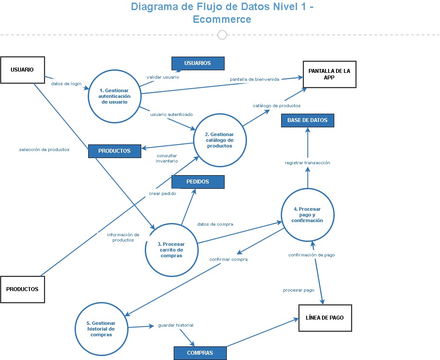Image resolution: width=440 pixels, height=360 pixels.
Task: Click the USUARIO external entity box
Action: (x=22, y=70)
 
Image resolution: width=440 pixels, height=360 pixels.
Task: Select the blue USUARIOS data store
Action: (x=198, y=63)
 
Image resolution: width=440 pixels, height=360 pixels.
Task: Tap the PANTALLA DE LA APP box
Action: (x=329, y=75)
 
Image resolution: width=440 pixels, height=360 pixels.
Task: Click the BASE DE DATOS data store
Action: (x=308, y=120)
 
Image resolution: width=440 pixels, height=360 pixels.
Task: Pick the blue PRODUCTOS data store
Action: (x=114, y=151)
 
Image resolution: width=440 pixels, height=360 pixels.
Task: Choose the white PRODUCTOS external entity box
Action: (x=22, y=289)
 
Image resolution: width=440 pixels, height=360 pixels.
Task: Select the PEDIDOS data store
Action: (x=198, y=182)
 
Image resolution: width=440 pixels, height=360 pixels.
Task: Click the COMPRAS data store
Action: (x=200, y=353)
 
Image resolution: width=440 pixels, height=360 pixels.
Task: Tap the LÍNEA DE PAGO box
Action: (x=325, y=318)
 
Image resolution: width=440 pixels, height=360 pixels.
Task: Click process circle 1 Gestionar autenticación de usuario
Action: (x=114, y=96)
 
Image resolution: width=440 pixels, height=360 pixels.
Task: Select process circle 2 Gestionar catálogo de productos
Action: (x=220, y=140)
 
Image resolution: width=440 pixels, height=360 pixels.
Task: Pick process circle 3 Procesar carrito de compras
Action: (x=172, y=250)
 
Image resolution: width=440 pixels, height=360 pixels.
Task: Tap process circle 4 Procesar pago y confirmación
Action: (x=308, y=215)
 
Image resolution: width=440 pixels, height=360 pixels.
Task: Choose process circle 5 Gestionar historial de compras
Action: (x=101, y=329)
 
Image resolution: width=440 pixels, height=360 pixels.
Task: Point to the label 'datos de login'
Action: (x=66, y=84)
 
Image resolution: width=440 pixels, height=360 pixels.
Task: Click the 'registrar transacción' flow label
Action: (x=307, y=163)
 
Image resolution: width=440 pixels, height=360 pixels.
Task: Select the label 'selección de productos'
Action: (x=44, y=150)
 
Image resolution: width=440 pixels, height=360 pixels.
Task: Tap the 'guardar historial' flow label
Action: (x=175, y=325)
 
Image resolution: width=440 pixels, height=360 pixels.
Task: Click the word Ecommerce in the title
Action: (x=222, y=19)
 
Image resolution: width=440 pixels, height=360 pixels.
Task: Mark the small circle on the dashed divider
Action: (x=222, y=35)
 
